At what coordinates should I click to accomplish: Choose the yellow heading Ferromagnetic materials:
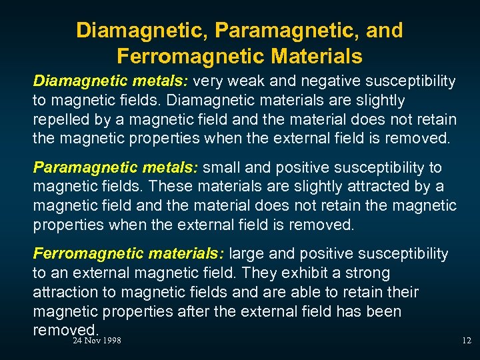(130, 254)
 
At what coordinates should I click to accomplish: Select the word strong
(369, 273)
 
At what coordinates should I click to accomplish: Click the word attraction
(65, 293)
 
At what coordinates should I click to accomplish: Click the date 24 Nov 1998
(97, 341)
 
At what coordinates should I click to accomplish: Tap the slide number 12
(466, 341)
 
